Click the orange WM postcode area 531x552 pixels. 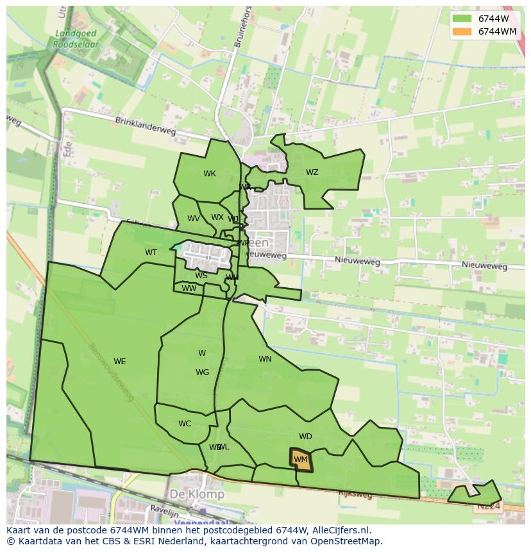point(300,460)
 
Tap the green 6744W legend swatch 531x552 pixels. point(460,19)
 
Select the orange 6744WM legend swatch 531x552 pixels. point(460,31)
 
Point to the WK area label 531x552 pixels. point(210,174)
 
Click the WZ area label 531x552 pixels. point(312,172)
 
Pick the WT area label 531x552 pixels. point(151,253)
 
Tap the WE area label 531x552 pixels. point(119,362)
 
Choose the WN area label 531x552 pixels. point(265,359)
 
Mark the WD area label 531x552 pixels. point(305,437)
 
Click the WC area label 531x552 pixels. point(185,424)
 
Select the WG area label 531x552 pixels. point(202,372)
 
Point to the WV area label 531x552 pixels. point(193,219)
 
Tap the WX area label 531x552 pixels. point(217,217)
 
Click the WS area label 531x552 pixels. point(201,276)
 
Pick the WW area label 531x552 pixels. point(189,289)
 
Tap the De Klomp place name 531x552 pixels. point(197,495)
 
